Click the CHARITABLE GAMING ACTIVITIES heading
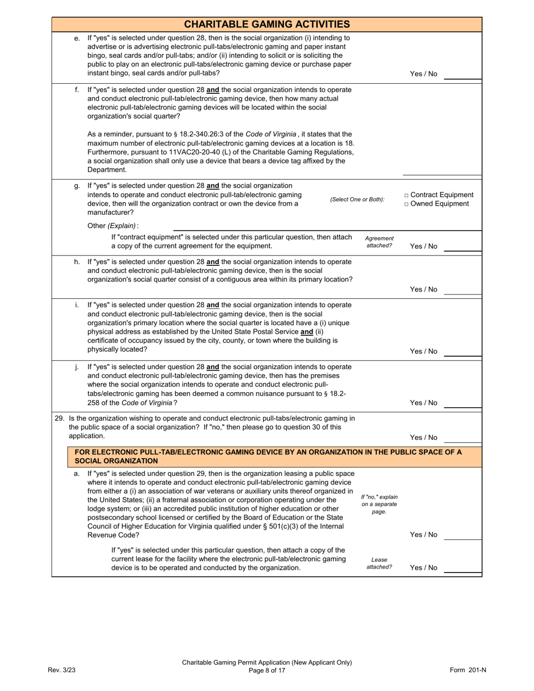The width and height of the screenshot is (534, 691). pyautogui.click(x=267, y=24)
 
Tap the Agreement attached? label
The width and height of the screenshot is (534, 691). pyautogui.click(x=379, y=242)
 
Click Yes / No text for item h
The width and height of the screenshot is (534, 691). pyautogui.click(x=423, y=289)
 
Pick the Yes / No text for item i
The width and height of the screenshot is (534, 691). pyautogui.click(x=423, y=351)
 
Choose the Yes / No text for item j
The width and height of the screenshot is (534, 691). pyautogui.click(x=423, y=403)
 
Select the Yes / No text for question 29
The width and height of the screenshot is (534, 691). pyautogui.click(x=423, y=437)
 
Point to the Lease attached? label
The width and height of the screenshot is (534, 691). pyautogui.click(x=379, y=563)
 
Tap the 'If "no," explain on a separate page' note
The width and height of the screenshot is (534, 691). pyautogui.click(x=379, y=504)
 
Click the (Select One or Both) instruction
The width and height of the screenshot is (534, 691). pyautogui.click(x=357, y=199)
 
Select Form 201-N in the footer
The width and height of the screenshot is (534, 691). pyautogui.click(x=468, y=670)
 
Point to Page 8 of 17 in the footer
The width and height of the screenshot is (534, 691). pyautogui.click(x=267, y=670)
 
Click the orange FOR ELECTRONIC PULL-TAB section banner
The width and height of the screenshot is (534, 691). pyautogui.click(x=267, y=456)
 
